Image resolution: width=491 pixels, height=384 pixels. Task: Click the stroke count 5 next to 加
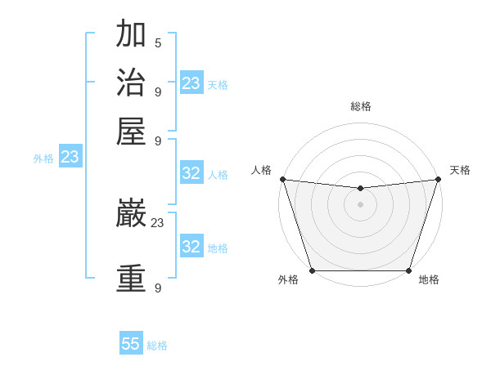pyautogui.click(x=158, y=42)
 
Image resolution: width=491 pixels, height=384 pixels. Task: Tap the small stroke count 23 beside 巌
pyautogui.click(x=158, y=222)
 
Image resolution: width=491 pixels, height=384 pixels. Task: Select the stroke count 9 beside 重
pyautogui.click(x=158, y=288)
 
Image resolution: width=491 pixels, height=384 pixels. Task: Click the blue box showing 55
pyautogui.click(x=131, y=344)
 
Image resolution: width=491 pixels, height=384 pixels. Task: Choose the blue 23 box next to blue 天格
pyautogui.click(x=191, y=83)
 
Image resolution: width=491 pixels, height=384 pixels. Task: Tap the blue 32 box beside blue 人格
pyautogui.click(x=191, y=173)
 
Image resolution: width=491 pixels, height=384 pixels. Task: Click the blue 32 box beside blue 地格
pyautogui.click(x=191, y=247)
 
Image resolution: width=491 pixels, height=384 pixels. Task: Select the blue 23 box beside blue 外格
pyautogui.click(x=70, y=157)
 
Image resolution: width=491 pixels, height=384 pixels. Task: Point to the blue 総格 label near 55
pyautogui.click(x=157, y=346)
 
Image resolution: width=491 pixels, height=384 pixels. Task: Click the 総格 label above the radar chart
pyautogui.click(x=360, y=106)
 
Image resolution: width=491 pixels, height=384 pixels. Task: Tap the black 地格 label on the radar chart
pyautogui.click(x=429, y=280)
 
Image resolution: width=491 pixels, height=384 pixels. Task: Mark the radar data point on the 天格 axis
pyautogui.click(x=439, y=179)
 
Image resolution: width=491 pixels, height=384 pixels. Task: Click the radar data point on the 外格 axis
pyautogui.click(x=312, y=270)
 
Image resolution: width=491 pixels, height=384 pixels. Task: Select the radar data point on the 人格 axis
pyautogui.click(x=282, y=179)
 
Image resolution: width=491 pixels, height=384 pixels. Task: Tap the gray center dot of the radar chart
pyautogui.click(x=360, y=204)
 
